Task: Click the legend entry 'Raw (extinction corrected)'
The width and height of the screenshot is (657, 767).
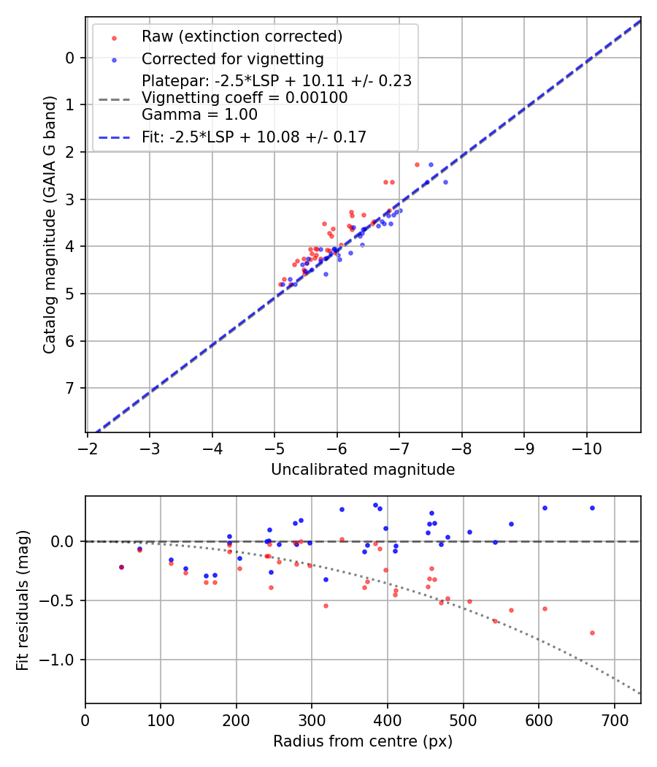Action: click(x=242, y=37)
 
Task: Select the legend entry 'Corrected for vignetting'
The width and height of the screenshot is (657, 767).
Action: click(x=233, y=58)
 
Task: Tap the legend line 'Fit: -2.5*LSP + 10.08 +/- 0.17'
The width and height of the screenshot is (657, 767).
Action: click(x=254, y=137)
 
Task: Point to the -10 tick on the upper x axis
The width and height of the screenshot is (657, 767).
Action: click(x=586, y=446)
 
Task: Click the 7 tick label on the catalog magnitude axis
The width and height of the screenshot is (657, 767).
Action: click(x=70, y=388)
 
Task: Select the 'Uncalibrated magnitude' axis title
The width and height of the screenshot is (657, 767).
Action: click(x=363, y=470)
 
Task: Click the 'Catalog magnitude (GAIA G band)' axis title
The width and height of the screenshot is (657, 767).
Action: click(x=50, y=223)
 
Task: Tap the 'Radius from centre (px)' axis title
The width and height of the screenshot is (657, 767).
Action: click(x=363, y=741)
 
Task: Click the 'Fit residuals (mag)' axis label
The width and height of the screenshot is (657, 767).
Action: click(x=23, y=600)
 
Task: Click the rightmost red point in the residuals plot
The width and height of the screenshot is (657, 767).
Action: click(x=592, y=633)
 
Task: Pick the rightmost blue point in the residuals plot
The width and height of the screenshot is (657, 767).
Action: click(x=592, y=508)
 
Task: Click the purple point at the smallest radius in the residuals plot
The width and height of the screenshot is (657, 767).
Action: click(x=121, y=567)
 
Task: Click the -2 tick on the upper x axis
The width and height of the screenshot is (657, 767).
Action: click(x=88, y=446)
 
